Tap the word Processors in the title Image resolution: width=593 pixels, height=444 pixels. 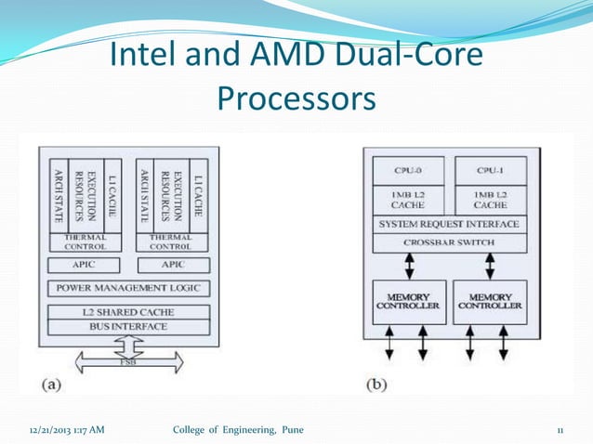[x=296, y=98]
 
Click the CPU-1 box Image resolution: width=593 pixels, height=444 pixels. [x=490, y=170]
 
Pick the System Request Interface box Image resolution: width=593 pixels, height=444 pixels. [x=450, y=225]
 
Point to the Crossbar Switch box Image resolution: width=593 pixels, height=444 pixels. [x=450, y=242]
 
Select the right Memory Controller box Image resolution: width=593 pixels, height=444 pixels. [x=490, y=302]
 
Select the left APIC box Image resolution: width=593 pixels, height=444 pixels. [x=90, y=265]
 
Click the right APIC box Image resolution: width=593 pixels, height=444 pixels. [x=171, y=265]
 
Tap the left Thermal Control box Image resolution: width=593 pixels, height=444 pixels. [x=90, y=242]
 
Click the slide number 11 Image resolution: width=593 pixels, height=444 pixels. [x=560, y=428]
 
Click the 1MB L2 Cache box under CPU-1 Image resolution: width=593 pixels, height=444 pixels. [x=490, y=198]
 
